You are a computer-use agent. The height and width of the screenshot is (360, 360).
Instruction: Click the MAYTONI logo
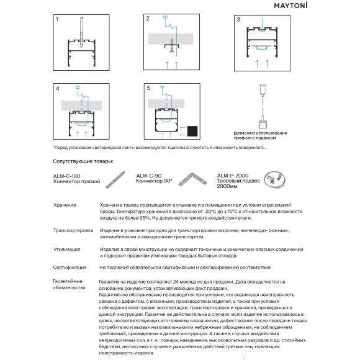290,6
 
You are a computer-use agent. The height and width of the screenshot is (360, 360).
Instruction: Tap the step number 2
148,19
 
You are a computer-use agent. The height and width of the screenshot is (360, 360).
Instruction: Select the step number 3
238,19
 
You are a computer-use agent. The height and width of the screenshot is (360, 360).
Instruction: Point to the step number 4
58,88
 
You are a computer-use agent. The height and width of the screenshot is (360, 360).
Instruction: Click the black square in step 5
192,131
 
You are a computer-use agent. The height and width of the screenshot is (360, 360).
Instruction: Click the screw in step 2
171,45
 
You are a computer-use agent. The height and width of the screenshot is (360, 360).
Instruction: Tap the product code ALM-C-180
66,176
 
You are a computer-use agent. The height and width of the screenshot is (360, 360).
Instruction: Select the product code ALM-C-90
149,176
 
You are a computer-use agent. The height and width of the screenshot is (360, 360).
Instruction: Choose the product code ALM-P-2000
233,176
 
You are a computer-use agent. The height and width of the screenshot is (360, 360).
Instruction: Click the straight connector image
115,180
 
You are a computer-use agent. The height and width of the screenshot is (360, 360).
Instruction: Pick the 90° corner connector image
192,179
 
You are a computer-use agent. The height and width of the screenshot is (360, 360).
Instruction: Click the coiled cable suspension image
274,180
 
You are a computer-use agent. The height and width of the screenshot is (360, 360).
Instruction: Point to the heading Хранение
65,205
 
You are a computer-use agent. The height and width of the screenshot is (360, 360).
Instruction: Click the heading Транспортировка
73,230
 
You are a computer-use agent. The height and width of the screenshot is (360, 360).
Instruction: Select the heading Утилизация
67,250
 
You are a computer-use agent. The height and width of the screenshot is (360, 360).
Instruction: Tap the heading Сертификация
70,268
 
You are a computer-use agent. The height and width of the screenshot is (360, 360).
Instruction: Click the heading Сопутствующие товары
83,161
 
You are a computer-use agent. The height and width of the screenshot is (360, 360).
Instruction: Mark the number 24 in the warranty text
176,282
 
